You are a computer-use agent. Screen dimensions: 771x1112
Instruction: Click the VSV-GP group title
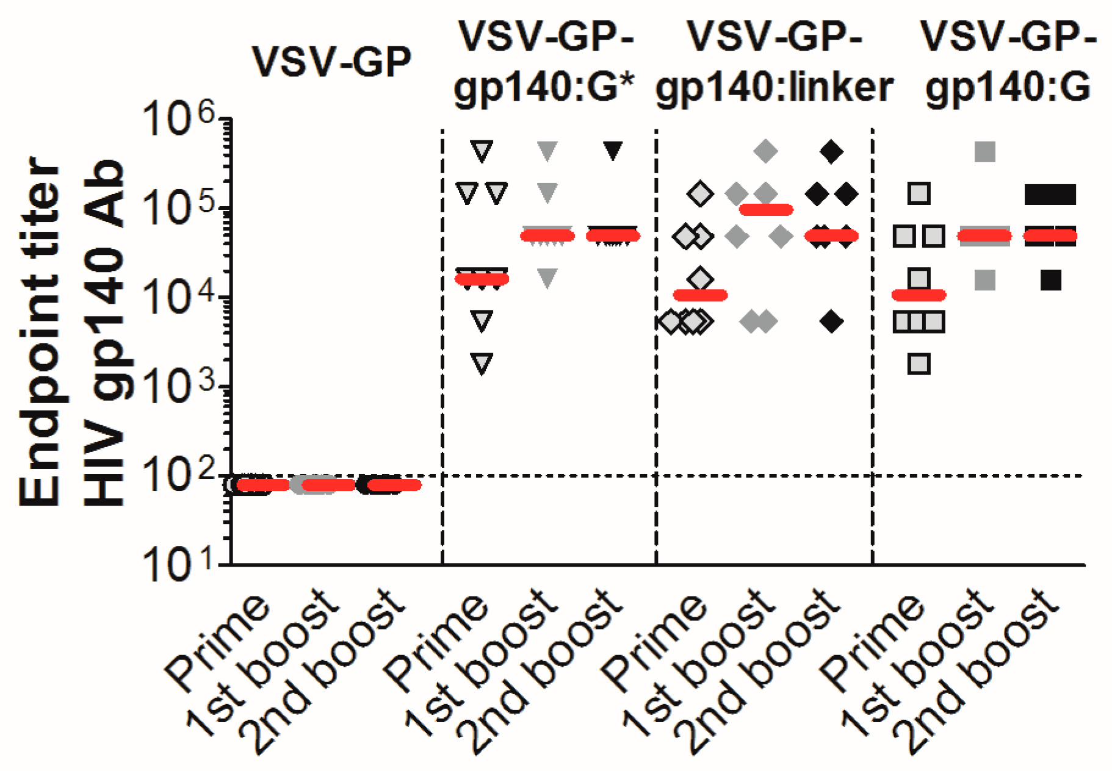coord(331,62)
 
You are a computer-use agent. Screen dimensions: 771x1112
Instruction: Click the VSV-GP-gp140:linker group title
coord(774,62)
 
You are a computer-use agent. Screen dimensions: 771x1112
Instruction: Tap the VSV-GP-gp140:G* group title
coord(545,62)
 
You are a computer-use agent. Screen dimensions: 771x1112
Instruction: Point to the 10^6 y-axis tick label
coord(177,119)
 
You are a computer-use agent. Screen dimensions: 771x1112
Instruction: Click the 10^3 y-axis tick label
coord(177,387)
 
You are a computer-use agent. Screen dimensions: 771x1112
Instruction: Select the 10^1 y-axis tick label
coord(177,565)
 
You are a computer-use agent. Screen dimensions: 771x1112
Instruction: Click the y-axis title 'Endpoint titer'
coord(40,332)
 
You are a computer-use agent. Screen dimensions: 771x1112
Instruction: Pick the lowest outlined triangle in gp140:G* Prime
coord(482,364)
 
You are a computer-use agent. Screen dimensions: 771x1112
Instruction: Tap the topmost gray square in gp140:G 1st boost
coord(985,151)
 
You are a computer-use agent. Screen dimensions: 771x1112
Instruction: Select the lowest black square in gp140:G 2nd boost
coord(1050,280)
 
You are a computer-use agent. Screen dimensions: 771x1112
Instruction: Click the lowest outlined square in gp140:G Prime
coord(919,364)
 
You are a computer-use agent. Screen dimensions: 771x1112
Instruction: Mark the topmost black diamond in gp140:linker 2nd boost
coord(831,151)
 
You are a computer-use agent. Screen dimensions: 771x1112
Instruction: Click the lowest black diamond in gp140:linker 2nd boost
coord(831,321)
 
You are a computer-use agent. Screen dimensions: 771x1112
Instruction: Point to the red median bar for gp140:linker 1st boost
coord(765,210)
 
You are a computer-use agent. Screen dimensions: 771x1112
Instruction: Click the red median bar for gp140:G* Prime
coord(482,279)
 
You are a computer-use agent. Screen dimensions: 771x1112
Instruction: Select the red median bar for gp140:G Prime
coord(919,295)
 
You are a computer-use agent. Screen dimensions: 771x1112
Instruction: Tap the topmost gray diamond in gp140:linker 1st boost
coord(765,151)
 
